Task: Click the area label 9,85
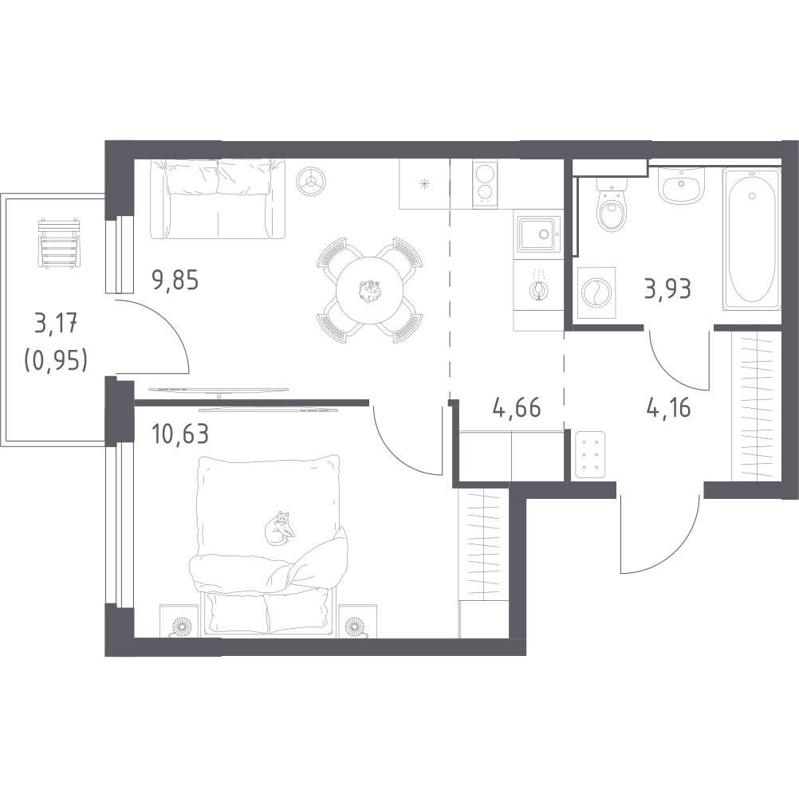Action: tap(174, 281)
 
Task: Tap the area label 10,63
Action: tap(179, 435)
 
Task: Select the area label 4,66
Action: tap(517, 410)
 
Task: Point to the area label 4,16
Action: tap(668, 410)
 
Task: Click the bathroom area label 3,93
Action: tap(667, 287)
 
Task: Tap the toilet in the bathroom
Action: tap(612, 206)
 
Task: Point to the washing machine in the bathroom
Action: tap(595, 291)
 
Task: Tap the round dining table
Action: tap(368, 291)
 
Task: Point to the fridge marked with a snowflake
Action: tap(424, 184)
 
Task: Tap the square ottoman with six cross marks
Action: tap(591, 454)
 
